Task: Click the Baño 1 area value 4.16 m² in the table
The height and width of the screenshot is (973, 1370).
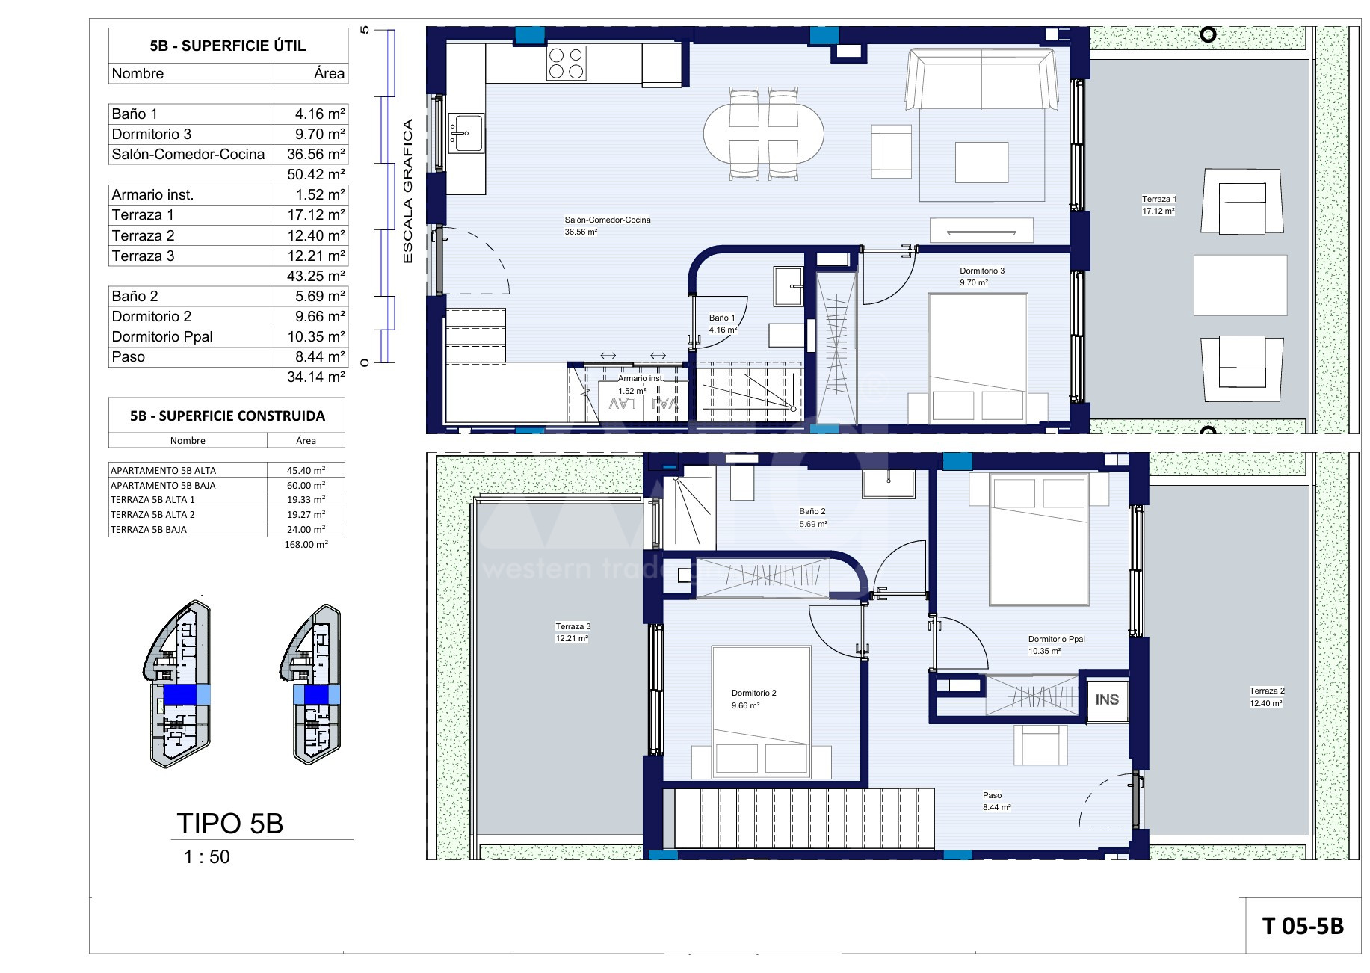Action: coord(320,114)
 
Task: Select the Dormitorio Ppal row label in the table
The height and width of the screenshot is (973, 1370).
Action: coord(162,336)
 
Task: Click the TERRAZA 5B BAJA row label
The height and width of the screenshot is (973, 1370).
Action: coord(149,529)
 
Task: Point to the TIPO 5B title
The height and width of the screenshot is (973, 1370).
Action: coord(230,824)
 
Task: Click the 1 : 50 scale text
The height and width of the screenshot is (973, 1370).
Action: coord(207,857)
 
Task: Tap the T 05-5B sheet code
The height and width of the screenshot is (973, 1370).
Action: coord(1303,927)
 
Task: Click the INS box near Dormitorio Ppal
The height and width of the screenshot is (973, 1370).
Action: coord(1107,699)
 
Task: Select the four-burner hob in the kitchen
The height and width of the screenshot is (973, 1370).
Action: coord(566,63)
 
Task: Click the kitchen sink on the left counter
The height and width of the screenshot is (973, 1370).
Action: coord(466,133)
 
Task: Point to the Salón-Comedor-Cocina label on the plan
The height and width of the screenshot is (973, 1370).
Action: coord(608,220)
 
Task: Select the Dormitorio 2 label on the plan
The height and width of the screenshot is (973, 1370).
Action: coord(753,693)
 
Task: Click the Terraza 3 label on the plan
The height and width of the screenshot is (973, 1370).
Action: coord(573,626)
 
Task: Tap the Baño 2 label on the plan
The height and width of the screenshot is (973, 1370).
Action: coord(812,512)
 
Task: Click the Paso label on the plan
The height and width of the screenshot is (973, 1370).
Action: coord(992,795)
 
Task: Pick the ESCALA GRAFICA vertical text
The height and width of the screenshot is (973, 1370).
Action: coord(407,191)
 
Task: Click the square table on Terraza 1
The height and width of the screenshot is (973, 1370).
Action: coord(1240,285)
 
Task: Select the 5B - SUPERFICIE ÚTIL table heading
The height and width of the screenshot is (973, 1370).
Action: coord(227,46)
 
